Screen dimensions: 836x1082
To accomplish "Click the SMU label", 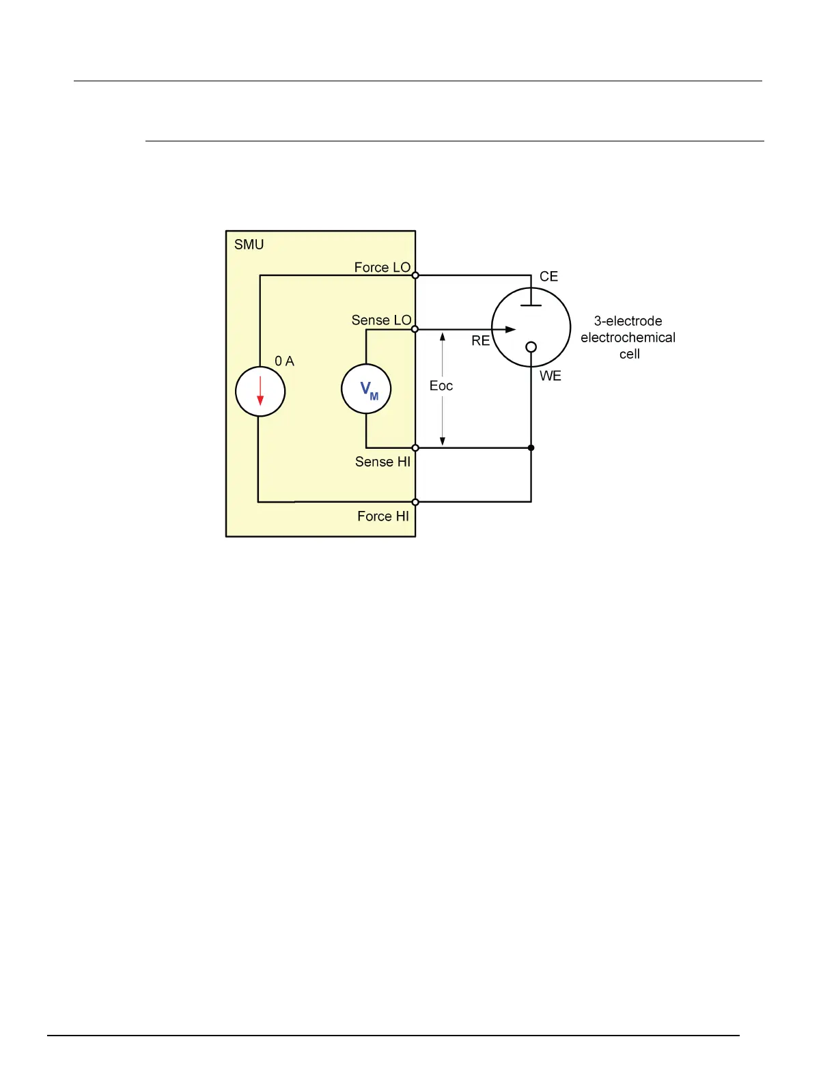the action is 249,245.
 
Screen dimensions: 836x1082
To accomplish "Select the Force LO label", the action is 382,267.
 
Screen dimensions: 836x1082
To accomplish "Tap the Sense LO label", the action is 381,320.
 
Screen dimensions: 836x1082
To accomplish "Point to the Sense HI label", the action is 382,462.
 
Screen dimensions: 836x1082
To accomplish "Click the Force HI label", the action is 383,516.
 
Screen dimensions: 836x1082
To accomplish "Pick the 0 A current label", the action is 284,361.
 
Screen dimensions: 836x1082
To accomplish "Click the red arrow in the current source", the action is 260,391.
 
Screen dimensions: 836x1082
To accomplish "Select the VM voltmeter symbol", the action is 367,389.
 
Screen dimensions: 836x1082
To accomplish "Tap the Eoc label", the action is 441,386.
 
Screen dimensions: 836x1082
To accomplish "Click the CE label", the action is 548,277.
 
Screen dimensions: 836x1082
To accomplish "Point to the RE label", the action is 481,340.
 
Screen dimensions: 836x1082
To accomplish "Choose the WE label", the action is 551,376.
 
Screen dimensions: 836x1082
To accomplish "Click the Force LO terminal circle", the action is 415,275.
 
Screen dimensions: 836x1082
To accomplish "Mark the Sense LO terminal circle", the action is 415,329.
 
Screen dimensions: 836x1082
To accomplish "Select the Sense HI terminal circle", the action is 415,448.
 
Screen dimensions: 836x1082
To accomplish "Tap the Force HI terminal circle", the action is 415,502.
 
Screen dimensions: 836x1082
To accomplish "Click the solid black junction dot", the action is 531,448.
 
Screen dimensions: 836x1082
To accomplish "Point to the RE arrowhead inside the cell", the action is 510,329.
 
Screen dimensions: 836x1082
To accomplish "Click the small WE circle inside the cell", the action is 531,347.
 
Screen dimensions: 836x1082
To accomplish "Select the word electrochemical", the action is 628,337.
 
